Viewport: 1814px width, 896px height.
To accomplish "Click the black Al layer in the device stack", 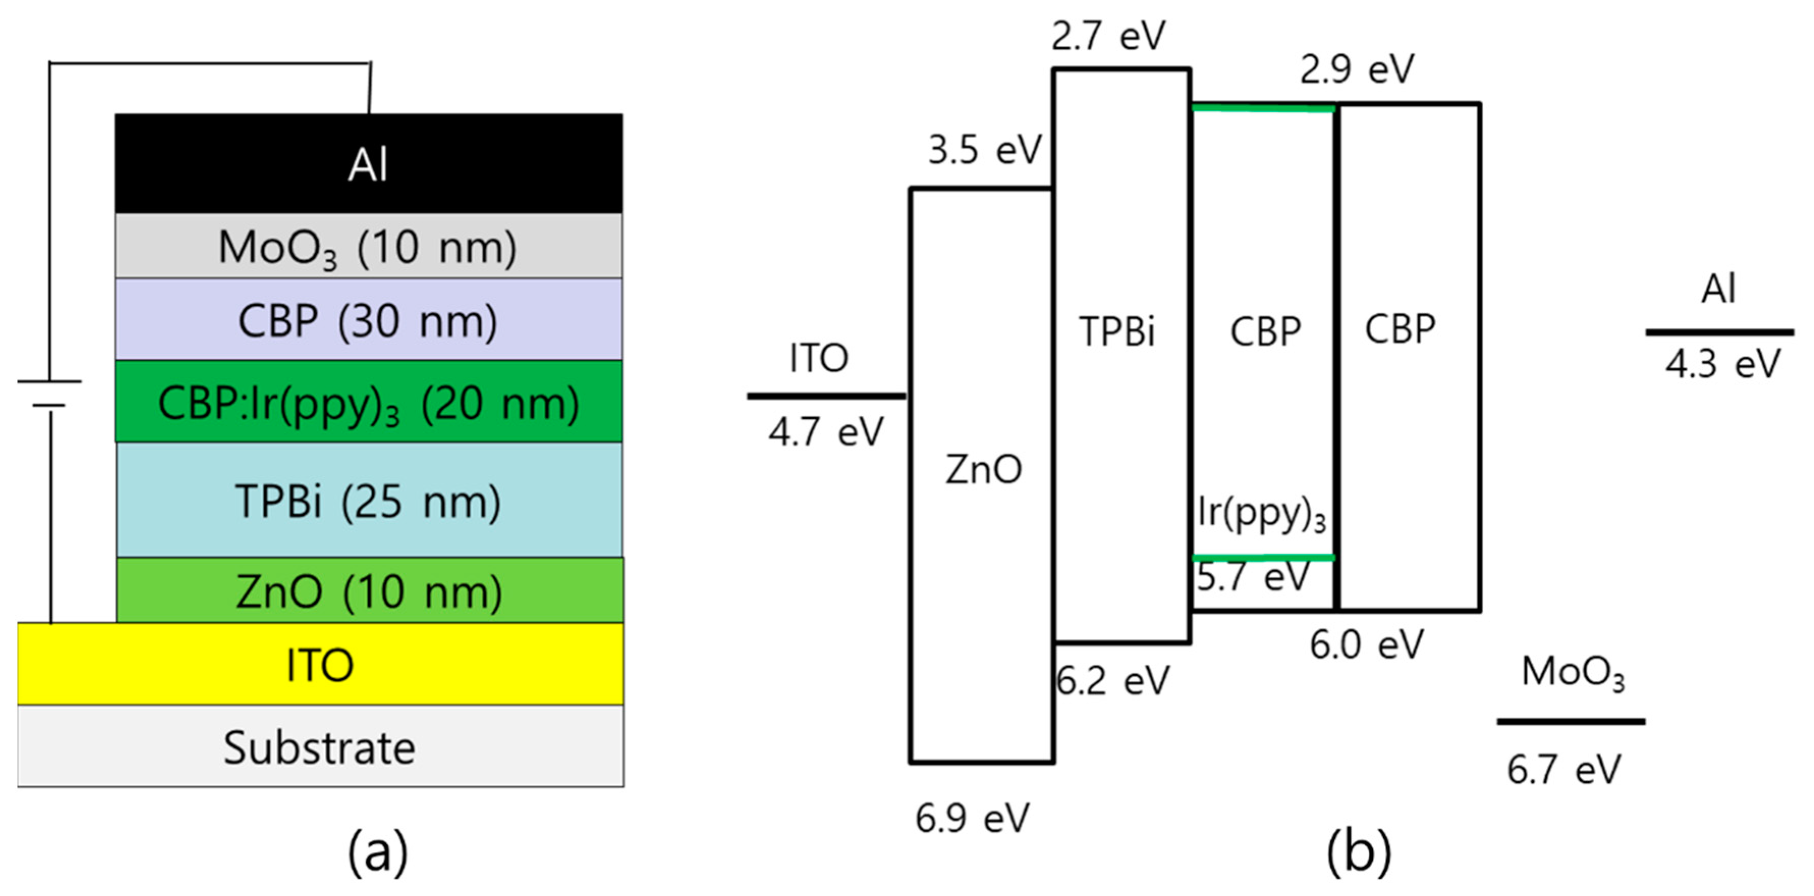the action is (x=368, y=163).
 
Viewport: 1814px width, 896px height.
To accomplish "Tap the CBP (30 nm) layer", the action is (x=368, y=321).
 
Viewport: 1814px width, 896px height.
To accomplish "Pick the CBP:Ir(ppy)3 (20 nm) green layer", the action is (x=368, y=403).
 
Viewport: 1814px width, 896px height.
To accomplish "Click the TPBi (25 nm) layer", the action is (x=368, y=501).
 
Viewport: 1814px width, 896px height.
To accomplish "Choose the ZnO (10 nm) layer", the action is (x=368, y=591).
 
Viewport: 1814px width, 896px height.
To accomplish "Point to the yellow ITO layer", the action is (x=320, y=664).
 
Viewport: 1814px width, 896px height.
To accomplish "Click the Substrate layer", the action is (x=320, y=747).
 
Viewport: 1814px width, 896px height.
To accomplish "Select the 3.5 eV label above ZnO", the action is (x=984, y=149).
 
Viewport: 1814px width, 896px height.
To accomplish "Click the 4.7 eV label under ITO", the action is (x=825, y=431).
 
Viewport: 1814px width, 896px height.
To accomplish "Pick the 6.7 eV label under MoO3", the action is (x=1564, y=769).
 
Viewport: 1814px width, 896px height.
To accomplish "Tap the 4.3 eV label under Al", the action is (x=1722, y=363).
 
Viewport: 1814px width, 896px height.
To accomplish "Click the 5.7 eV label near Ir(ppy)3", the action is (x=1253, y=577).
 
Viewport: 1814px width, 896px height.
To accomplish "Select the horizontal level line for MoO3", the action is (x=1570, y=721).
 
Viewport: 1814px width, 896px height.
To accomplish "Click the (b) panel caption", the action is (x=1358, y=852).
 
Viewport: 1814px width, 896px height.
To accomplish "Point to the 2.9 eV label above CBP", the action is (x=1356, y=69).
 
